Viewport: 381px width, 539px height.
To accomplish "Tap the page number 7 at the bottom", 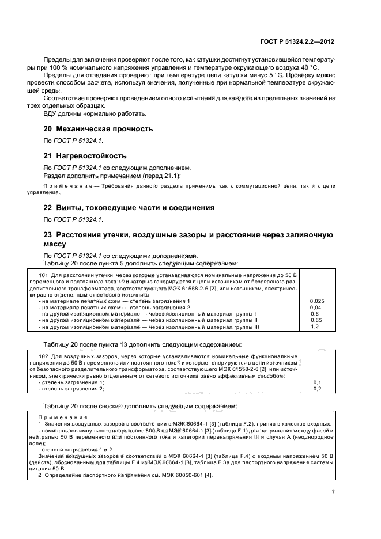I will tap(333, 492).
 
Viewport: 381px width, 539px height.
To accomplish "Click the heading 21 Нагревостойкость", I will tap(85, 155).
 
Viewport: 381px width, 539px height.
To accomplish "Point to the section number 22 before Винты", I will tap(48, 207).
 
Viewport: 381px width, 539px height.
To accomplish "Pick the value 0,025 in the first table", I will tap(317, 301).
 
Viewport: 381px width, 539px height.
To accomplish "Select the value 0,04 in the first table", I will tap(315, 308).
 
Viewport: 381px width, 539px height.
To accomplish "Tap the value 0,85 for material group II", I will tap(316, 320).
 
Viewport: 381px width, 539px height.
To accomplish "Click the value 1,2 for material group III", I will tap(315, 327).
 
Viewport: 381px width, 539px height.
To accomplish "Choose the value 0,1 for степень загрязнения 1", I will tap(317, 382).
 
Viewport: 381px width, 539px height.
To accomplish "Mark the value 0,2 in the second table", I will tap(317, 389).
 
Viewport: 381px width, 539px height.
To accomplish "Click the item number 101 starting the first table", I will tap(42, 276).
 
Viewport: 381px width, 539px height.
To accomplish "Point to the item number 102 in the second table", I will tap(42, 357).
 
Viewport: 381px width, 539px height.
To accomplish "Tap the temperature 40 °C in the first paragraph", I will tap(310, 68).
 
